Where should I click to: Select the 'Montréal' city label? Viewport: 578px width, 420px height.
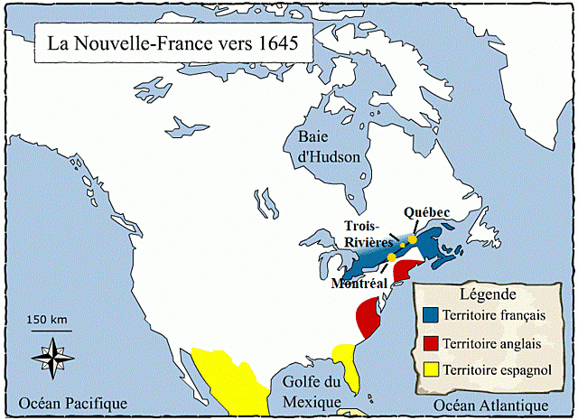click(360, 283)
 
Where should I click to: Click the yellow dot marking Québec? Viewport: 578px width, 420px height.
click(413, 239)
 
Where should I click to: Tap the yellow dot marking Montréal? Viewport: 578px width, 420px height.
click(391, 258)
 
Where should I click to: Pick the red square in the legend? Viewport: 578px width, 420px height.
click(431, 342)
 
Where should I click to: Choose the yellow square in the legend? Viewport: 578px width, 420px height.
click(431, 369)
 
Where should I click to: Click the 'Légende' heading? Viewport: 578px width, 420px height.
click(488, 294)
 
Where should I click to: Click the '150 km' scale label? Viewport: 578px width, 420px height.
click(48, 320)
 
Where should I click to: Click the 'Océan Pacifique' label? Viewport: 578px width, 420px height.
click(68, 403)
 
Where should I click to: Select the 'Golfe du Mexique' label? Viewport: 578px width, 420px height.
click(311, 390)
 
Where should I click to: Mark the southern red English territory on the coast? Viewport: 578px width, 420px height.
click(368, 317)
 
